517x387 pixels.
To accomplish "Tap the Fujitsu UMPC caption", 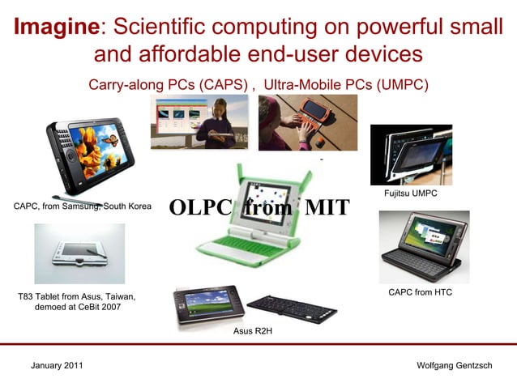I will click(410, 193).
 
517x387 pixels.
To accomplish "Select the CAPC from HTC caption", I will click(420, 291).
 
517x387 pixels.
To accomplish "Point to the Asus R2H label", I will click(252, 331).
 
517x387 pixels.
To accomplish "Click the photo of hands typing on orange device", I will click(307, 121).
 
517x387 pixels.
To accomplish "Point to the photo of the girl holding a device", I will click(199, 121).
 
